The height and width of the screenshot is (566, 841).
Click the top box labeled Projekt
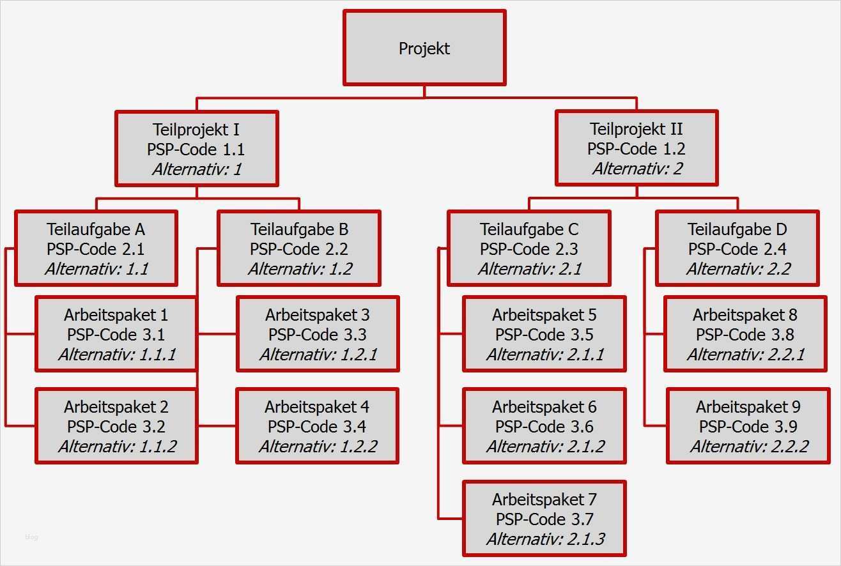click(x=424, y=48)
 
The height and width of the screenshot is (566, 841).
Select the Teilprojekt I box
click(x=196, y=149)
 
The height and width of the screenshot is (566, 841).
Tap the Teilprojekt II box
click(x=636, y=148)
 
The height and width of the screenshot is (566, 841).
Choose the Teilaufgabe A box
click(x=96, y=249)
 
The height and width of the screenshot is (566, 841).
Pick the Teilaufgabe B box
click(x=299, y=249)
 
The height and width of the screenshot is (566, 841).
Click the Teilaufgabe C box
click(x=529, y=249)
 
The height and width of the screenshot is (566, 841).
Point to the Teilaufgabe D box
click(x=737, y=249)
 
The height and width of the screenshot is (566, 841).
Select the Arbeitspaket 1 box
click(x=116, y=334)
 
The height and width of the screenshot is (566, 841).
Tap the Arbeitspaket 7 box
click(x=544, y=519)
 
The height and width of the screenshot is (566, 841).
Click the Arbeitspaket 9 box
click(x=748, y=426)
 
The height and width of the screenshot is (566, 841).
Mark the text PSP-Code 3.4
click(x=317, y=426)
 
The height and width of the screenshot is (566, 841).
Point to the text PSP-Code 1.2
click(x=636, y=149)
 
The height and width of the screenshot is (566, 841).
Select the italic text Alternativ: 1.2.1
click(x=318, y=355)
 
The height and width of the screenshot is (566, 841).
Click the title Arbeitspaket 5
click(x=544, y=314)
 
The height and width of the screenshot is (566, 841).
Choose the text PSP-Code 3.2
click(x=116, y=426)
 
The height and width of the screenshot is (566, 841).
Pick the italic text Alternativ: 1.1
click(x=96, y=269)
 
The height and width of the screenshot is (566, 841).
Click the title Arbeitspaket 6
click(x=544, y=406)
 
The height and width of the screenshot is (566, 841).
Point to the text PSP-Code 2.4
click(x=737, y=249)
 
